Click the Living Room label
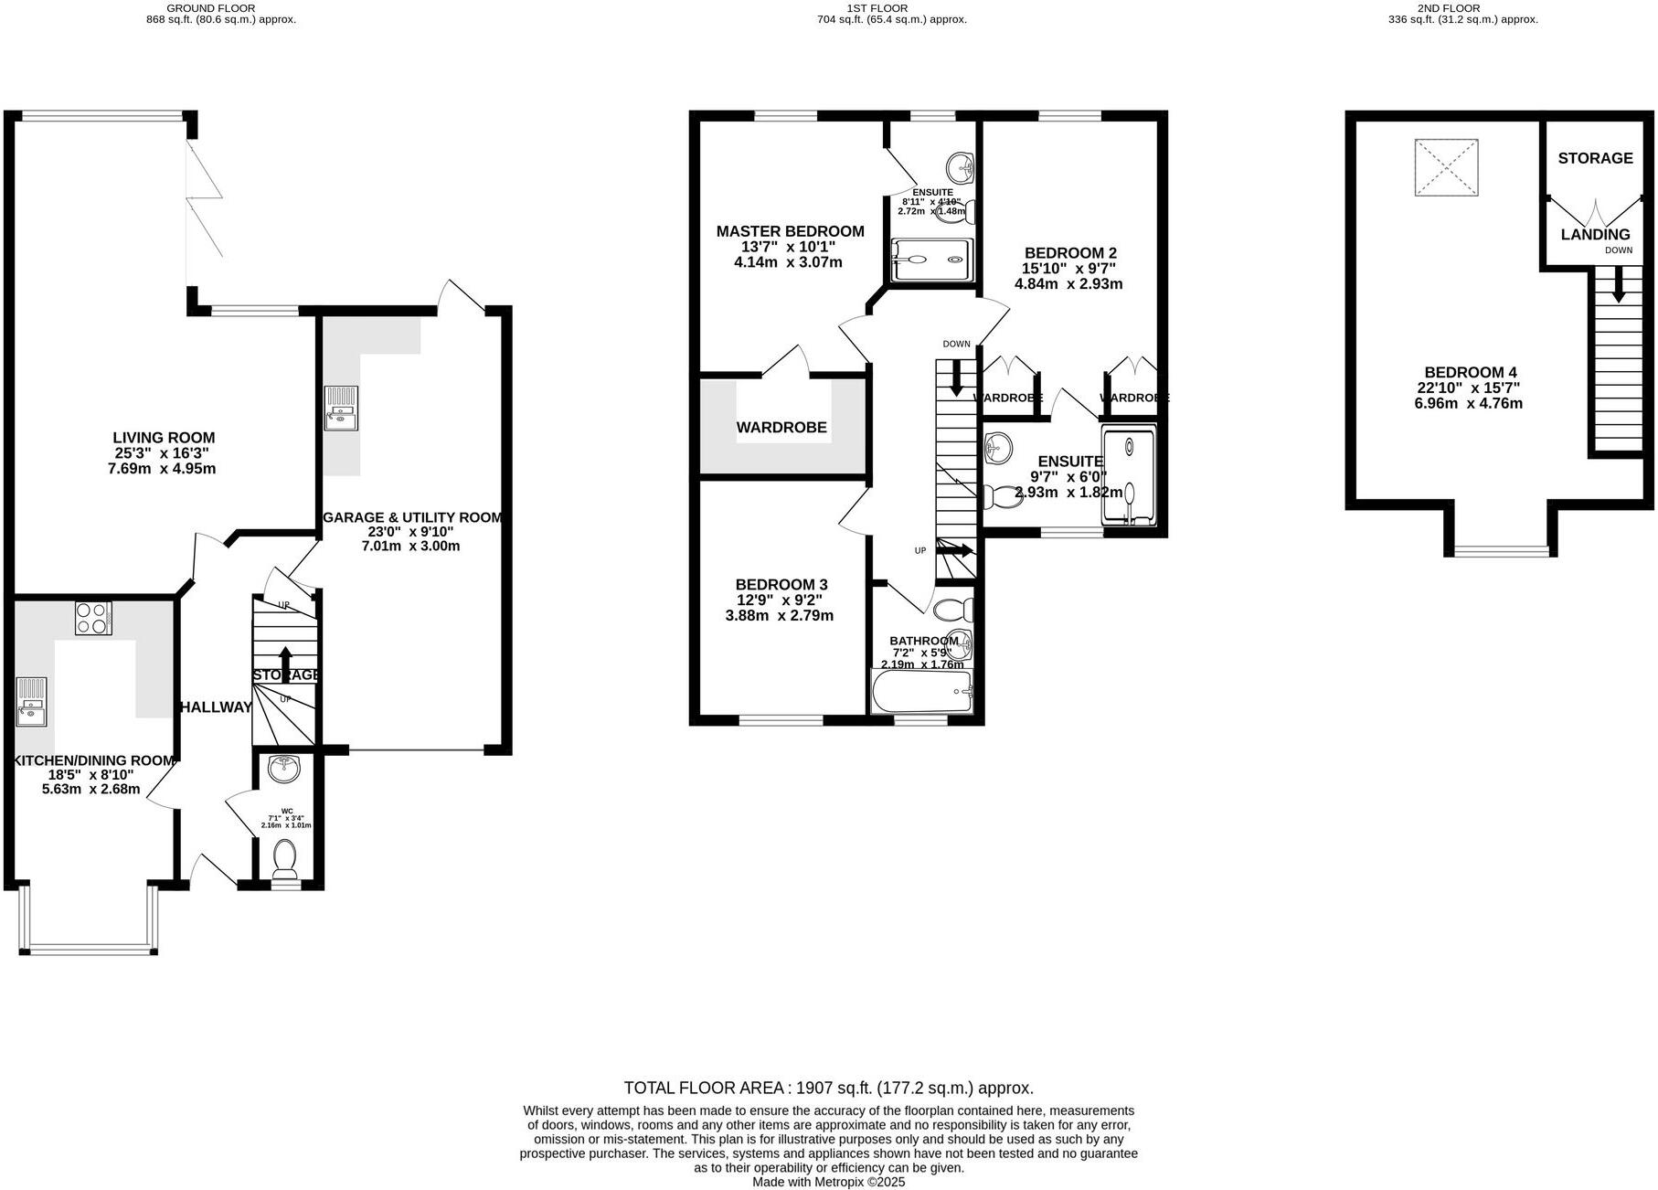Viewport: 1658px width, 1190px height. tap(164, 438)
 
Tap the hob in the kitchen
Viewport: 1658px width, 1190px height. tap(93, 618)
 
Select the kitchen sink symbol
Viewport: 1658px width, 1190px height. tap(30, 701)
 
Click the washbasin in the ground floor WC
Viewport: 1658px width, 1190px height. tap(284, 770)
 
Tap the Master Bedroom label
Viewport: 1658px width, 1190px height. tap(790, 231)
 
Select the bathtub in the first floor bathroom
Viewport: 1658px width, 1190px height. tap(920, 692)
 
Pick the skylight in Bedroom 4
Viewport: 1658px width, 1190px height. tap(1445, 166)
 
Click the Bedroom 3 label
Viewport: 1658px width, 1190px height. tap(781, 585)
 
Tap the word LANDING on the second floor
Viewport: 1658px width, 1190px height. tap(1595, 235)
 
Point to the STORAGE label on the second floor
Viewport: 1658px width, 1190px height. tap(1595, 158)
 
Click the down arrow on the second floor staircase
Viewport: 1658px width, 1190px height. tap(1618, 287)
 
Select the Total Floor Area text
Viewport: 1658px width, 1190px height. tap(828, 1088)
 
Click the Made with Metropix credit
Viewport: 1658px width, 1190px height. tap(828, 1182)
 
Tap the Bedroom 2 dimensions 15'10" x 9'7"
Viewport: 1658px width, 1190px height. tap(1068, 269)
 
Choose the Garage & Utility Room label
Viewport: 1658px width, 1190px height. tap(413, 518)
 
